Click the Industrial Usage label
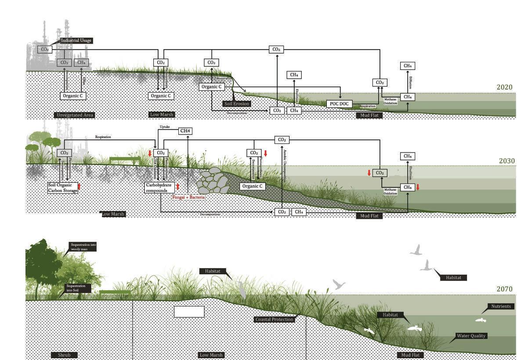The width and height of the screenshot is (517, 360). (76, 40)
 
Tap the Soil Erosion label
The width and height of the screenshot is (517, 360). (236, 104)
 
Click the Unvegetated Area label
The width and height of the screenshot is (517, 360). (75, 115)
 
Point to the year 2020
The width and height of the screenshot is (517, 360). (504, 87)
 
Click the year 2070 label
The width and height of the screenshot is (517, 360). (504, 289)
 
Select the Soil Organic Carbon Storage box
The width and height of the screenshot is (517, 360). (63, 188)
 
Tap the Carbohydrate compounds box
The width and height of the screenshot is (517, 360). (159, 188)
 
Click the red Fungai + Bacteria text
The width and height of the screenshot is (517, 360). (188, 198)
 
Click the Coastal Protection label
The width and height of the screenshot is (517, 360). (274, 320)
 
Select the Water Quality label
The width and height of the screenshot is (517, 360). (471, 336)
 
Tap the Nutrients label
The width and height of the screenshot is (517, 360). (501, 306)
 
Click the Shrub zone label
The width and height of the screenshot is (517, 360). (64, 355)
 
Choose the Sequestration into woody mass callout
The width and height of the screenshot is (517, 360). (83, 247)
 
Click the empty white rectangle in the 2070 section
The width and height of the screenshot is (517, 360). (189, 312)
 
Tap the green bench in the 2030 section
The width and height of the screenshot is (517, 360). (125, 160)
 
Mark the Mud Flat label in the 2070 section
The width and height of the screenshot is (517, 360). (410, 355)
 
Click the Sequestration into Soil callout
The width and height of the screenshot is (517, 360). (79, 288)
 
